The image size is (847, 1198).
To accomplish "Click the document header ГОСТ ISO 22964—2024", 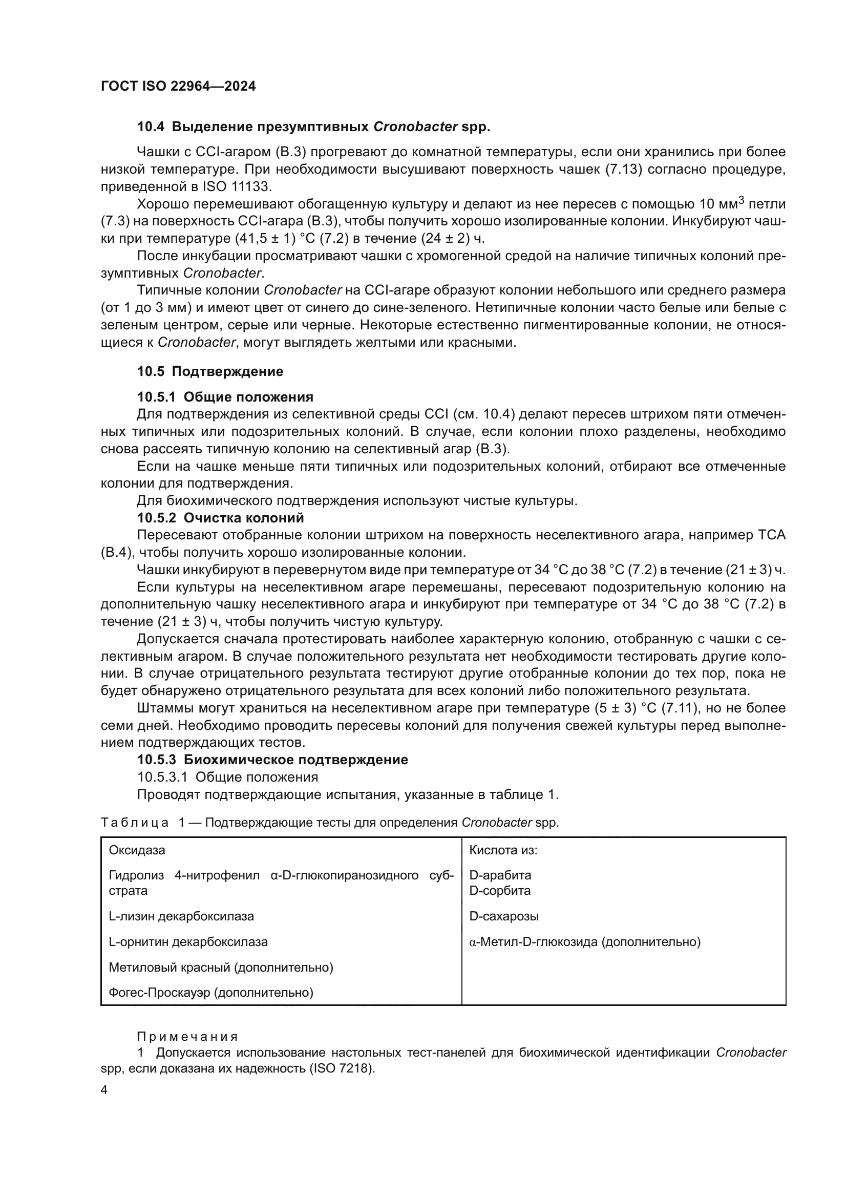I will click(178, 87).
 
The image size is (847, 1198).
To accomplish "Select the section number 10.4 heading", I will click(151, 127).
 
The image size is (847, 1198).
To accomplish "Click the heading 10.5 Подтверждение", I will click(210, 371).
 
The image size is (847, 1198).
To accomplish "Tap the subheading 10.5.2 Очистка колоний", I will click(220, 518).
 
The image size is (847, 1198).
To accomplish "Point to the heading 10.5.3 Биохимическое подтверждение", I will click(272, 760).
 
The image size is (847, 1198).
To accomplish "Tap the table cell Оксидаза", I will click(137, 850).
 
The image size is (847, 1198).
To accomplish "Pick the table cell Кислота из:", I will click(503, 850).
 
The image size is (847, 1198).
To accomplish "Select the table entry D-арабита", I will click(500, 875).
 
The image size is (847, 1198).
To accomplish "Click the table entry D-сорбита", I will click(500, 891).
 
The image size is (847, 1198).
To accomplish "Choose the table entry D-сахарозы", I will click(504, 916).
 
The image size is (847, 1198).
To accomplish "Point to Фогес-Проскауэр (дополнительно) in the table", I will click(210, 993).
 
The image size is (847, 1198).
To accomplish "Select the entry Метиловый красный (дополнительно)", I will click(221, 968).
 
